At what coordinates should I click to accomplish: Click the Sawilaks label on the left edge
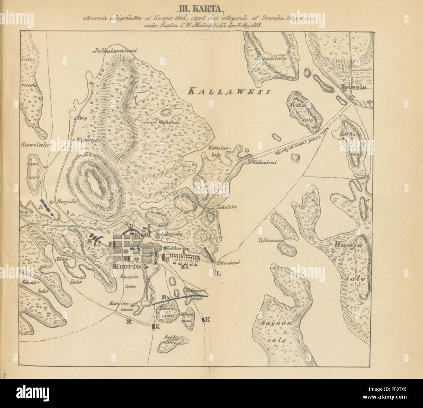click(34, 146)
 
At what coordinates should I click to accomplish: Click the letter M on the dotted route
click(129, 322)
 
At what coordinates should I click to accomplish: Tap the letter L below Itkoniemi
click(218, 274)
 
